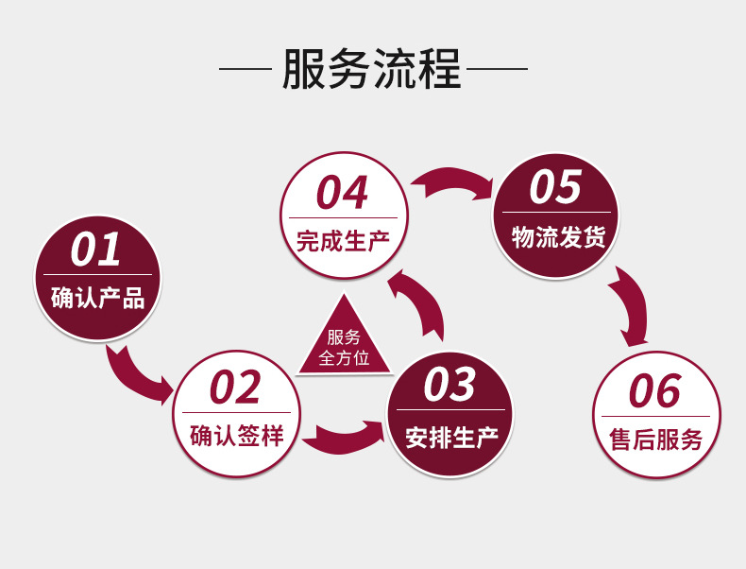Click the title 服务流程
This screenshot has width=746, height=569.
point(372,70)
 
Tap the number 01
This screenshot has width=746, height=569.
point(96,250)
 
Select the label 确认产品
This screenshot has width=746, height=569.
point(97,300)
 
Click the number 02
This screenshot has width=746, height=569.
point(234,388)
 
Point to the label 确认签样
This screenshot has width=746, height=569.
point(236,437)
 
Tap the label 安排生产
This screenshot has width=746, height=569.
point(450,437)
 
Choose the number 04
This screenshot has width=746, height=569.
point(342,193)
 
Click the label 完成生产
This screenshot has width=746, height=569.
point(343,241)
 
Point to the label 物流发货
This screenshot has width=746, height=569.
point(557,236)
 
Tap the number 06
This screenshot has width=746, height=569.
point(654,391)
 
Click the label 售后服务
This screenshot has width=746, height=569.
point(656,440)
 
